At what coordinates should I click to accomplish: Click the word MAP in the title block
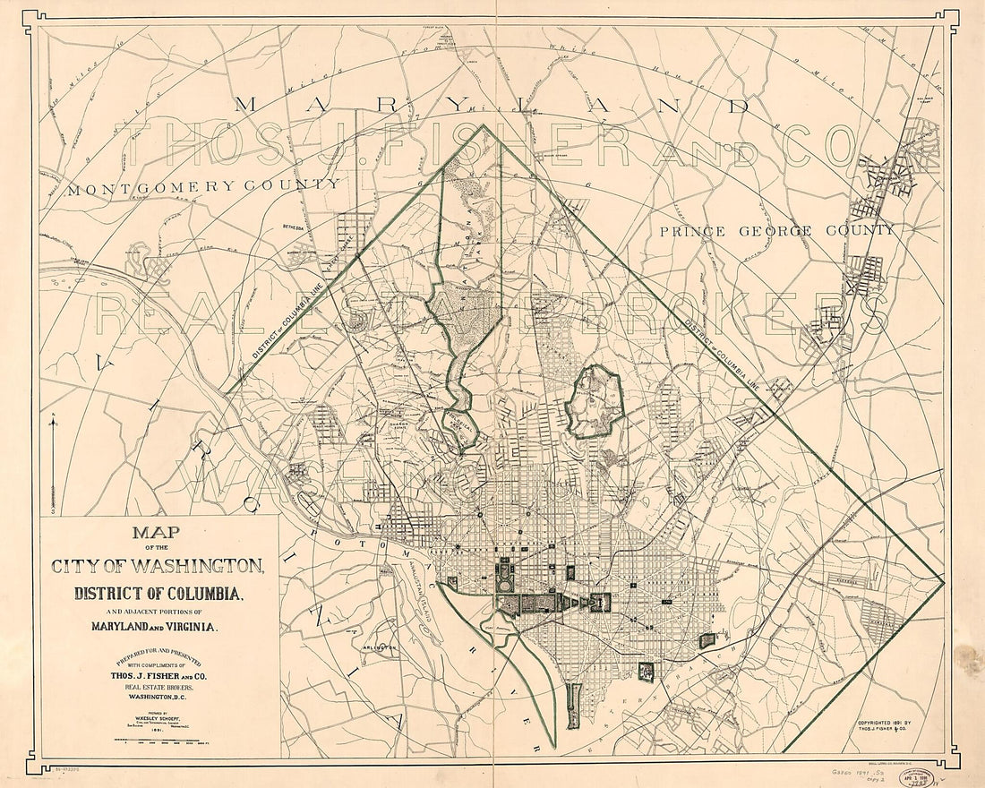156,535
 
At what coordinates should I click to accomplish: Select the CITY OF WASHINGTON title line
158,566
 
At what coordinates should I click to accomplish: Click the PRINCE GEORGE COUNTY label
776,231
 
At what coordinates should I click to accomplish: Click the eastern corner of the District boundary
943,581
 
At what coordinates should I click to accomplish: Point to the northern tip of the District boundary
484,125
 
